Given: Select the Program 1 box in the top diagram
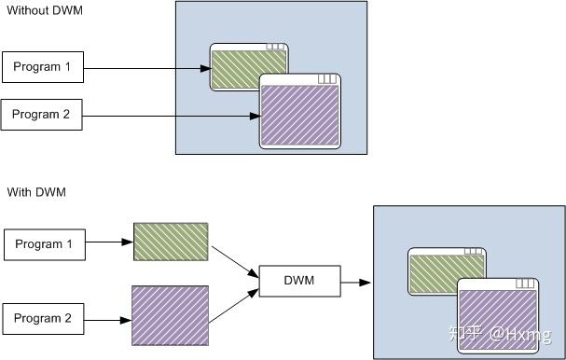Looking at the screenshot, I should click(42, 67).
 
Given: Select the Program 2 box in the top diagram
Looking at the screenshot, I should click(42, 115).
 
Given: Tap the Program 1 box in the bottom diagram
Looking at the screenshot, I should click(44, 244).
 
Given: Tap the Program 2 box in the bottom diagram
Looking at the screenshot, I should click(44, 318).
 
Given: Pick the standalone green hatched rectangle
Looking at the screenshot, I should click(171, 242).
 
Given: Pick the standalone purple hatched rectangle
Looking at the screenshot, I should click(170, 317).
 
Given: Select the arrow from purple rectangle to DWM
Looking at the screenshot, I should click(232, 301).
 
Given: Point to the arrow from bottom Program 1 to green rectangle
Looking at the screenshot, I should click(108, 244).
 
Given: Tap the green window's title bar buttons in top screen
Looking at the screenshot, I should click(275, 47).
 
